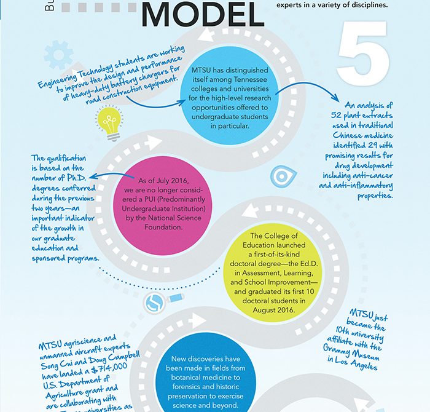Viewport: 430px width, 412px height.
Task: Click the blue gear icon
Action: [x=60, y=57]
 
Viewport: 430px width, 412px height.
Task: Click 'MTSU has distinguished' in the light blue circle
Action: [x=231, y=79]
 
